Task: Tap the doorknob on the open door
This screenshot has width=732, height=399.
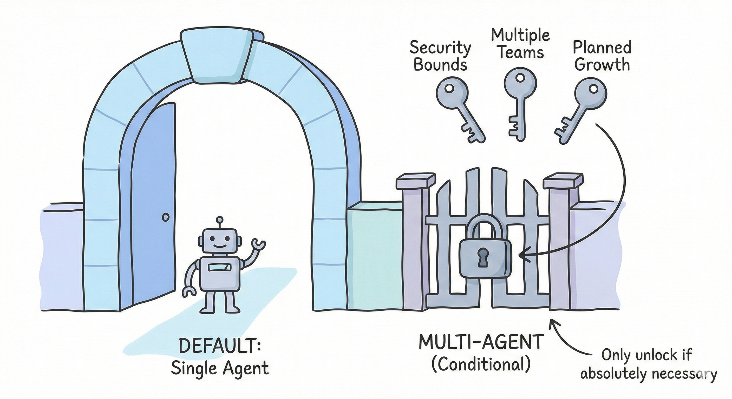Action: coord(165,217)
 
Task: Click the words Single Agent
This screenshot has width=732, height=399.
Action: coord(220,368)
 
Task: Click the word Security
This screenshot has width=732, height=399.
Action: coord(440,48)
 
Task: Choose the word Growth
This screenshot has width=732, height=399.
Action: coord(602,65)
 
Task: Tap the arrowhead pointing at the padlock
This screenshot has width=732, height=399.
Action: coord(522,255)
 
